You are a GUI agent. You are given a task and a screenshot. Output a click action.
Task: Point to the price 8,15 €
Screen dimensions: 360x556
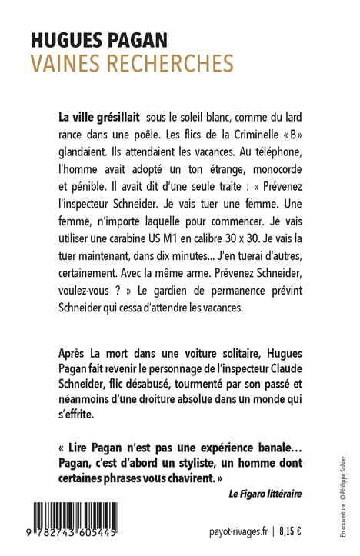pyautogui.click(x=289, y=531)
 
